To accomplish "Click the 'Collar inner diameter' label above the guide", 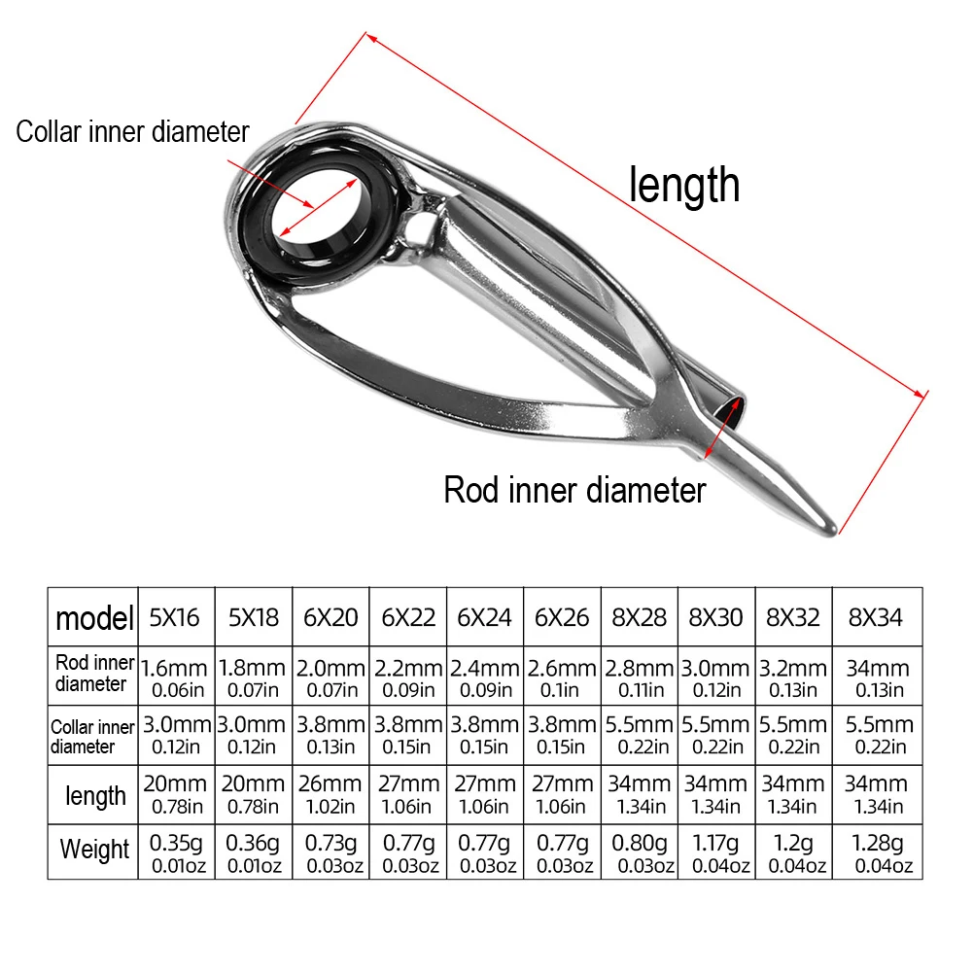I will pos(132,132).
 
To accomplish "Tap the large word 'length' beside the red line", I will pos(684,185).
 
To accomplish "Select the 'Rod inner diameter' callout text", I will pos(574,490).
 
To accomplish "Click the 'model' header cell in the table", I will pos(93,616).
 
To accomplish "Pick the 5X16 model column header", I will pos(176,616).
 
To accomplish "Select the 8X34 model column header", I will pos(876,616).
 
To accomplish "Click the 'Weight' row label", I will pos(94,849).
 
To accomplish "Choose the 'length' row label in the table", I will pos(95,796).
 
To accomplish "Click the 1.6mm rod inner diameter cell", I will pos(176,678).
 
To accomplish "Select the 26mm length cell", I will pos(330,793).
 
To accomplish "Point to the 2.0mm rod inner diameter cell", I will pos(330,678).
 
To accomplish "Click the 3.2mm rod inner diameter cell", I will pos(793,678).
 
